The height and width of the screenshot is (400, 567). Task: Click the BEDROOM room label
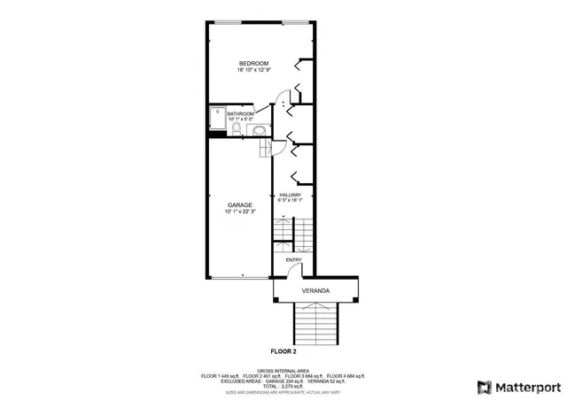pos(253,63)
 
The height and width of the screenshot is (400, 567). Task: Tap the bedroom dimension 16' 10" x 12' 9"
pos(253,71)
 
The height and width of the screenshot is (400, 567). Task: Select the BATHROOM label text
pos(240,114)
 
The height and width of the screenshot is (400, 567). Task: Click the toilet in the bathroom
pos(237,130)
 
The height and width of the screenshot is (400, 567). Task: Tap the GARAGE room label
pos(239,205)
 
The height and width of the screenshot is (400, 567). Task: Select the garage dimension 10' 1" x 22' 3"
pos(239,212)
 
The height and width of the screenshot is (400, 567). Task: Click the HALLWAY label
pos(291,195)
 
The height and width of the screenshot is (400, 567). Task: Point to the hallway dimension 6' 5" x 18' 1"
pos(291,201)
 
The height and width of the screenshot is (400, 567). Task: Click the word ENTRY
pos(293,260)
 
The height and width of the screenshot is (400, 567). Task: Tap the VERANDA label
pos(315,290)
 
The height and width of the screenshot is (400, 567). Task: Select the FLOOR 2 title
pos(283,351)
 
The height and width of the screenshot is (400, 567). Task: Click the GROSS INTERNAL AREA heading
pos(283,371)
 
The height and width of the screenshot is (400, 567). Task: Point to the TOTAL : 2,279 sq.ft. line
pos(283,387)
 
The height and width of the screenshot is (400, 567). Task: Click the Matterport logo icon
pos(484,387)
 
